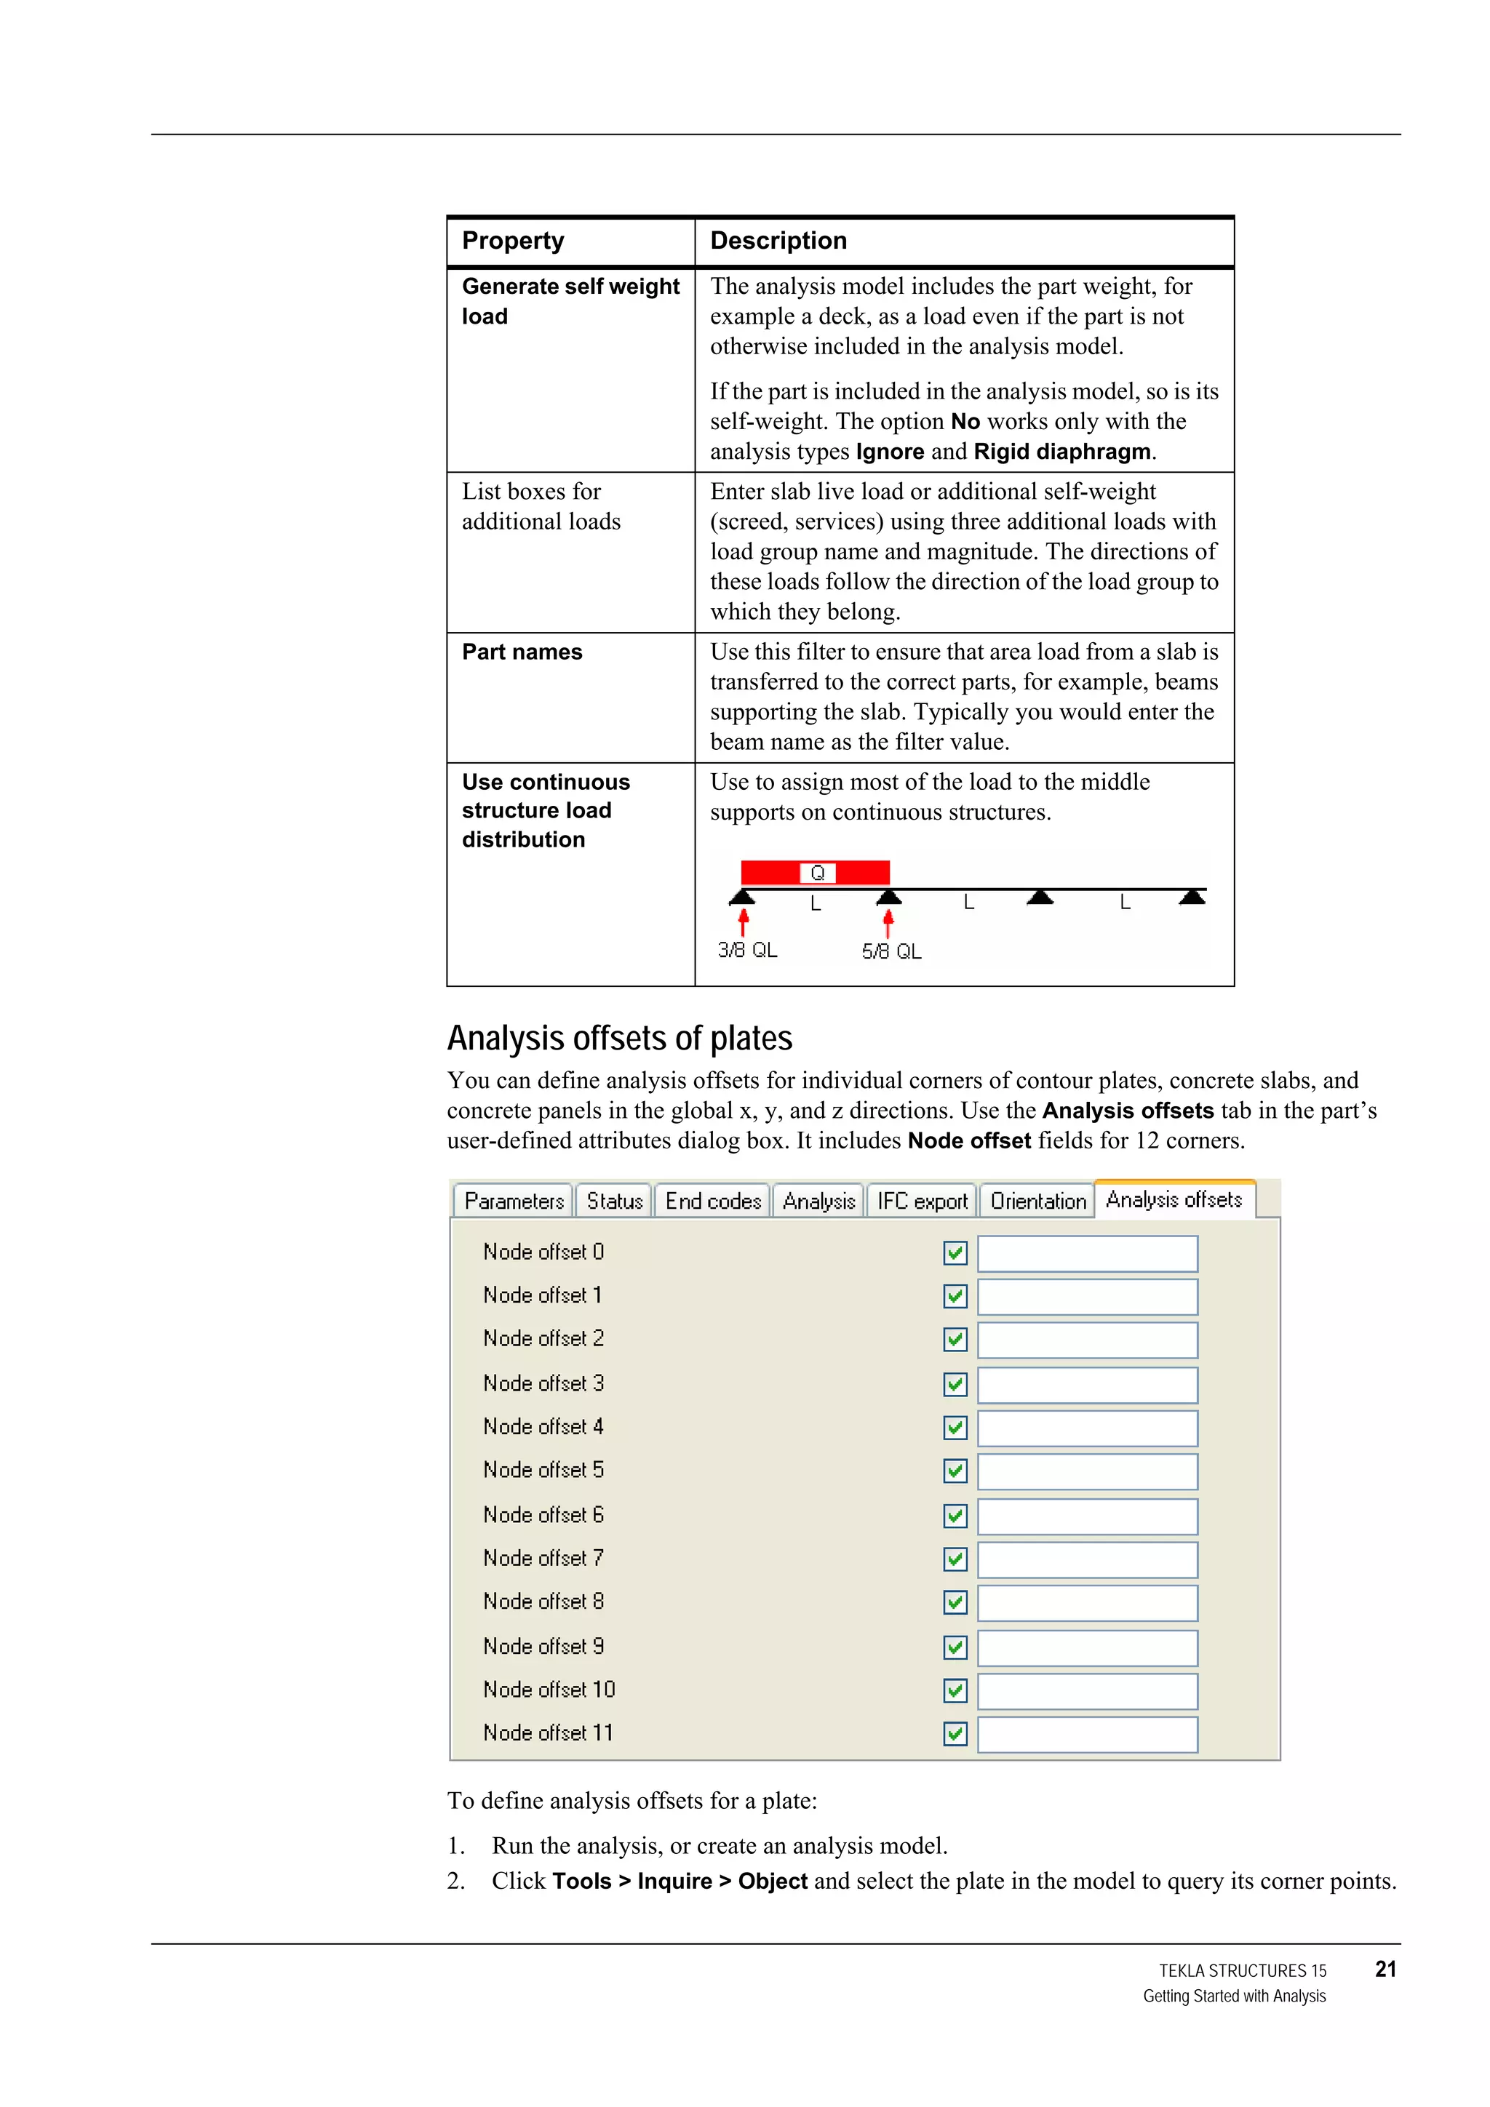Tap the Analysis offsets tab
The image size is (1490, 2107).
click(1174, 1199)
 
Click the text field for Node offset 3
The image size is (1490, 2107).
click(1087, 1385)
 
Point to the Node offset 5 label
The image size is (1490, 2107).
click(543, 1470)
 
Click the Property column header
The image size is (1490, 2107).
click(513, 241)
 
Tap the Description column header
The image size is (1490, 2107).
click(778, 241)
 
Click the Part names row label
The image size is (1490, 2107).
click(522, 652)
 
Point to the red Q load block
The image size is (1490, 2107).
click(816, 872)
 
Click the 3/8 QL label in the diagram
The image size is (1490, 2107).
click(747, 950)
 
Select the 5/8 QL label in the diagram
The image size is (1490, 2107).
click(891, 951)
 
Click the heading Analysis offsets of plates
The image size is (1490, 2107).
click(620, 1038)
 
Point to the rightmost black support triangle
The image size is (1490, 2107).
click(1192, 897)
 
